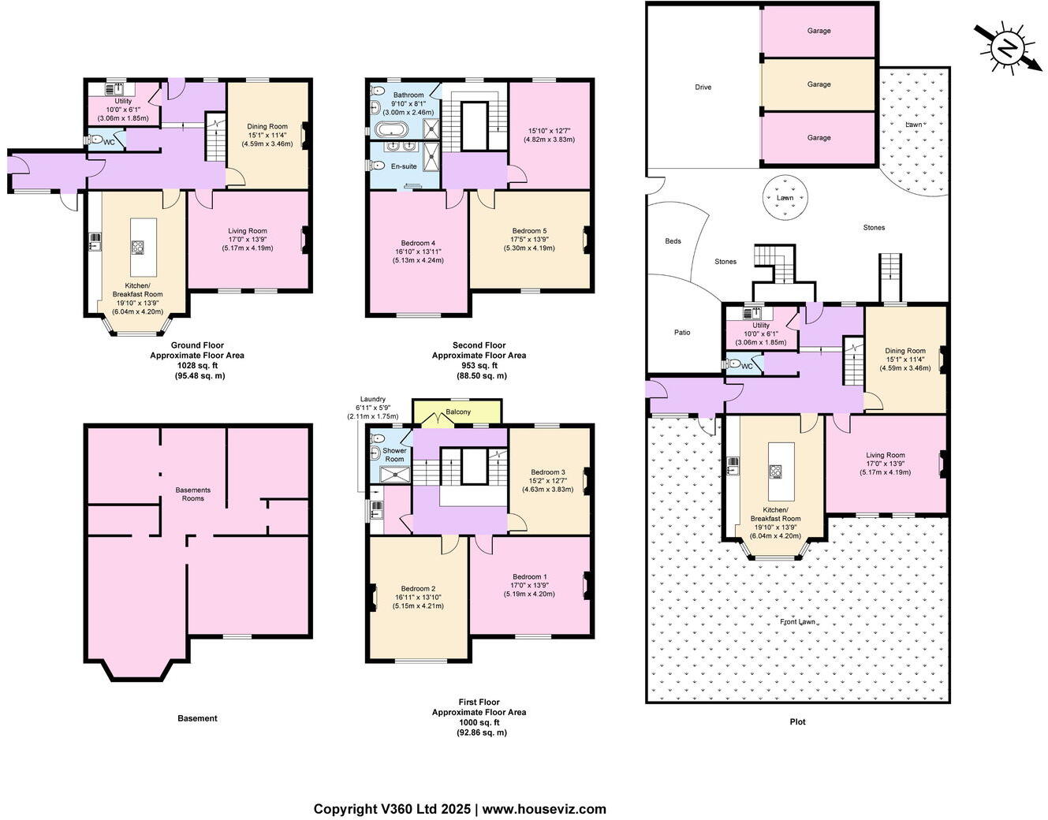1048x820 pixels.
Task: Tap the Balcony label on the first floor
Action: point(458,412)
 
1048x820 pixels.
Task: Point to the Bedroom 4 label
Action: point(418,243)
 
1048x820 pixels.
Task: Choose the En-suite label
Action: point(404,166)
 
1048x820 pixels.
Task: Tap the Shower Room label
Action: point(394,455)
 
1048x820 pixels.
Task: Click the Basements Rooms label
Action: point(193,494)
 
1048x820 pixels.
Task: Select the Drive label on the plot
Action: point(703,87)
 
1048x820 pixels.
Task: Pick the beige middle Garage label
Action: point(819,84)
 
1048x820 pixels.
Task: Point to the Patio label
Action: point(682,332)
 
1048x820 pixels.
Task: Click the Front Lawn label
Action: point(797,621)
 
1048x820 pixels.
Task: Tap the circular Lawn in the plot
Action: point(785,198)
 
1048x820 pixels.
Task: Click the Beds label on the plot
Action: point(673,241)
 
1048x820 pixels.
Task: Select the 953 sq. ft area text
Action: point(479,366)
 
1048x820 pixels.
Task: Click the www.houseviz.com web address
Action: point(544,809)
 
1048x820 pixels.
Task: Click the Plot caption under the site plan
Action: point(797,721)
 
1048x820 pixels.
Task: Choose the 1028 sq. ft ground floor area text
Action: point(197,366)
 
